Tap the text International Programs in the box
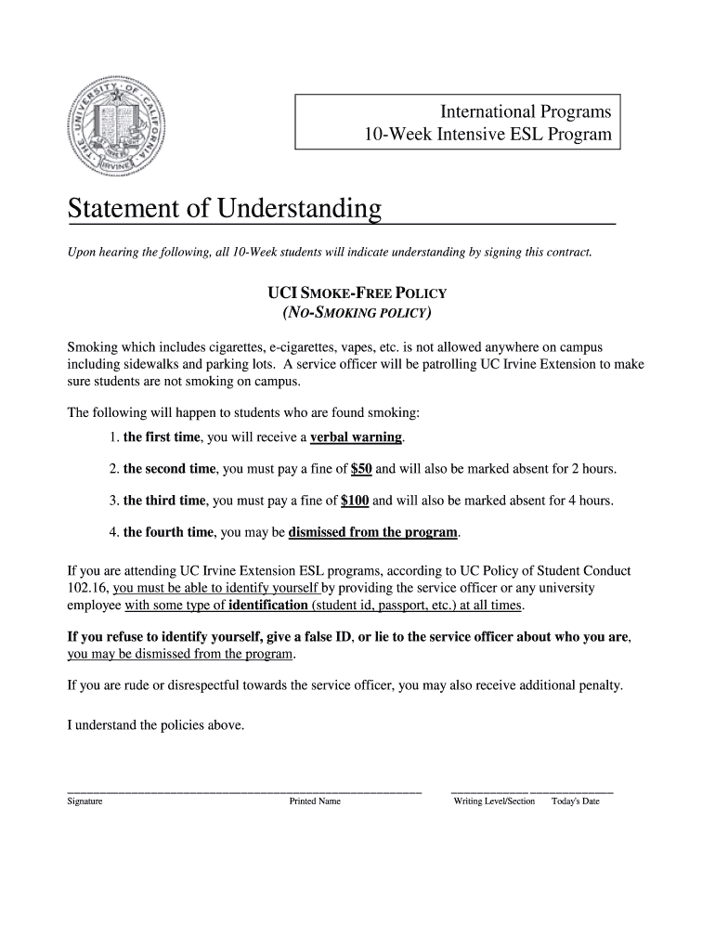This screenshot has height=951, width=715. tap(526, 111)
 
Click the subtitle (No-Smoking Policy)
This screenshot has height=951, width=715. tap(357, 312)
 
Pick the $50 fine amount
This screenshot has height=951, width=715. tap(361, 469)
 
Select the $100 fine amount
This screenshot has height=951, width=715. tap(355, 501)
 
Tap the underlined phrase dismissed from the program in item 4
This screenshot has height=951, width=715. tap(373, 533)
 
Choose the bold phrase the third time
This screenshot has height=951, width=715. tap(163, 501)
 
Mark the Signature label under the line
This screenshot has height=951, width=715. tap(84, 801)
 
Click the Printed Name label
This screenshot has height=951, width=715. tap(315, 801)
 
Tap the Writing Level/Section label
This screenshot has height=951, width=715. tap(494, 801)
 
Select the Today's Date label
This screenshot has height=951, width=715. tap(576, 801)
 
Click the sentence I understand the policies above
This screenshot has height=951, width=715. tap(156, 725)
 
